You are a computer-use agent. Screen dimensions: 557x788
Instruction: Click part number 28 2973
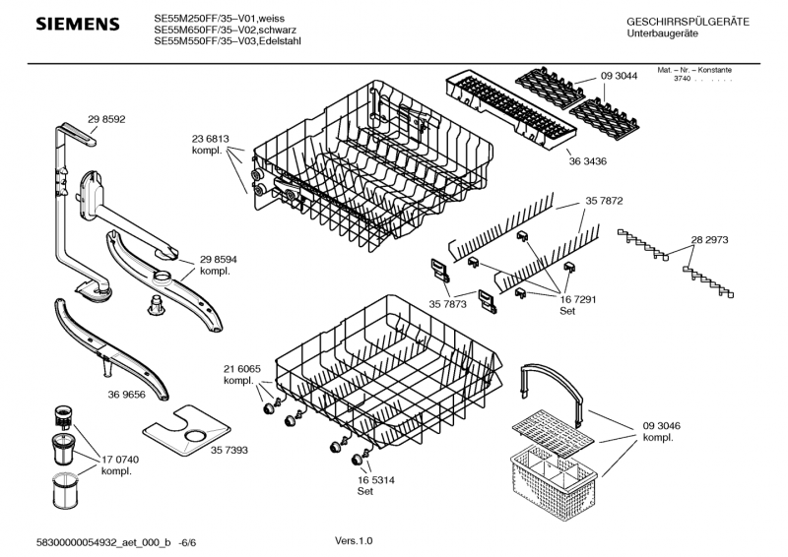coord(709,240)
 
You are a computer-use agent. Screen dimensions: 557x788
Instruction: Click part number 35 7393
coord(229,450)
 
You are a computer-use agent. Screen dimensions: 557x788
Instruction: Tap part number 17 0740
coord(116,460)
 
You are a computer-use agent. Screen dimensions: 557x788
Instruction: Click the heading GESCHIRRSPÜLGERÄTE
coord(688,22)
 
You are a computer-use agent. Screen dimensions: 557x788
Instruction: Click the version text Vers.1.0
coord(354,540)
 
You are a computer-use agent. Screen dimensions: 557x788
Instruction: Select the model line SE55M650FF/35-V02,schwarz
coord(220,30)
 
